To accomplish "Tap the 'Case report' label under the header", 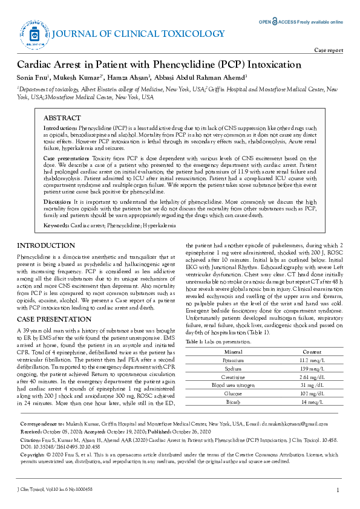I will coord(329,50).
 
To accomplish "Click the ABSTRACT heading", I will coord(62,118).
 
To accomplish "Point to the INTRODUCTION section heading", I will coord(45,246).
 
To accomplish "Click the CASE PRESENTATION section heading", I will coord(54,319).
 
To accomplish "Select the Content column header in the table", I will coord(312,351).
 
